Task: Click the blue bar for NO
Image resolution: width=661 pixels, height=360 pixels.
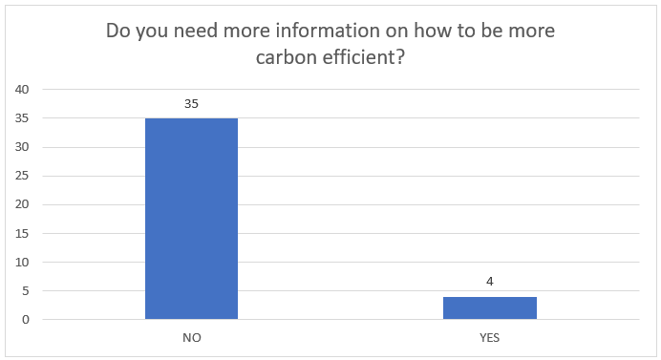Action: click(191, 219)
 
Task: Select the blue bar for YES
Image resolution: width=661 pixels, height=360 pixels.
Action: click(490, 307)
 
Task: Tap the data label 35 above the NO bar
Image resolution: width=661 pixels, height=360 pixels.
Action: click(191, 104)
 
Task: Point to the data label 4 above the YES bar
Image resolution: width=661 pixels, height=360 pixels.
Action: click(489, 281)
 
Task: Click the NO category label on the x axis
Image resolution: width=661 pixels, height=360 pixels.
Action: click(192, 338)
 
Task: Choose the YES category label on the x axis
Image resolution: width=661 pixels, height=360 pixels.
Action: click(489, 338)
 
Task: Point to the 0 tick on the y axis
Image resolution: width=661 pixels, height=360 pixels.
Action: click(26, 320)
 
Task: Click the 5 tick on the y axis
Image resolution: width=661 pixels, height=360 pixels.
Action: click(26, 291)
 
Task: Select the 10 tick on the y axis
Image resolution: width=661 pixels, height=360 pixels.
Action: click(22, 263)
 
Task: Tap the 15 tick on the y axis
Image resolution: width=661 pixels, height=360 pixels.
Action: click(22, 234)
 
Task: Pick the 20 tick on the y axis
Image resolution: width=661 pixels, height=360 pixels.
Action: click(22, 204)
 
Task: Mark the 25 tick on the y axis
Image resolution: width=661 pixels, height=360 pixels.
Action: click(22, 176)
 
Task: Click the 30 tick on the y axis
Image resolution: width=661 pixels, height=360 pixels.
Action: click(22, 147)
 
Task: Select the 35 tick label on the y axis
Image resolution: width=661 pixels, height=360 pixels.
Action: click(22, 118)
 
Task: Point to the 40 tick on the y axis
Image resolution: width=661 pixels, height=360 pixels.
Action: click(22, 90)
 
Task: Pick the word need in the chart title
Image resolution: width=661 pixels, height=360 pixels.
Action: click(196, 31)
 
